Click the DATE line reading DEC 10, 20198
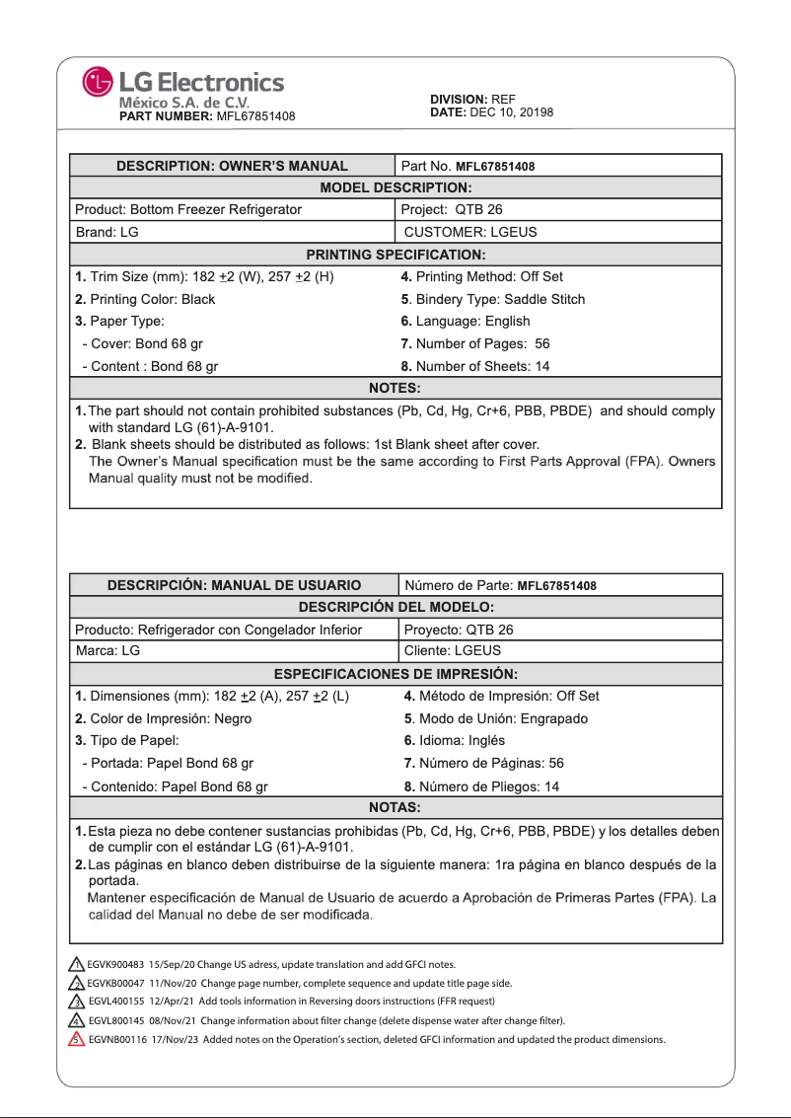[491, 112]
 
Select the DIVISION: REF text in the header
[472, 100]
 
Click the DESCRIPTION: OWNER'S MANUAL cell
[232, 166]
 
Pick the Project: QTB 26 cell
[453, 209]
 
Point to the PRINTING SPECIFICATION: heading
[395, 255]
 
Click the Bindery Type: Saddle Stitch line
[493, 299]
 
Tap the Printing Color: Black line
[145, 299]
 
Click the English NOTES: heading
[395, 388]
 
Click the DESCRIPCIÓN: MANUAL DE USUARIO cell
[234, 585]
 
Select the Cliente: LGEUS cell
[453, 651]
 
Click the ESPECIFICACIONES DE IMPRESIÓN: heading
[395, 674]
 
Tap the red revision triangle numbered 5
[75, 1039]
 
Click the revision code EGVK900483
[116, 964]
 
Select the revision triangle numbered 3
[75, 1002]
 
